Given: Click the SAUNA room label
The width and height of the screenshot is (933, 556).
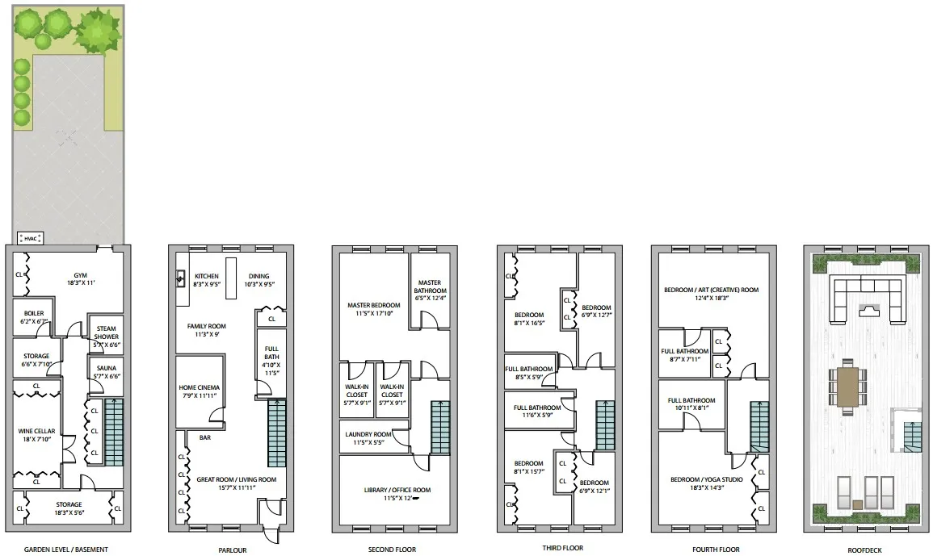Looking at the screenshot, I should click(x=106, y=371).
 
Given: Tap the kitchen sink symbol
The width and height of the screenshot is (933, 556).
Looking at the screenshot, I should click(x=181, y=280).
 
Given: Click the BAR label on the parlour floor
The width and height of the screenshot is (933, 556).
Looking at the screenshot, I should click(x=205, y=437).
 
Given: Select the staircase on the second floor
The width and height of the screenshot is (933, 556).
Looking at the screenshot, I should click(x=440, y=428).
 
